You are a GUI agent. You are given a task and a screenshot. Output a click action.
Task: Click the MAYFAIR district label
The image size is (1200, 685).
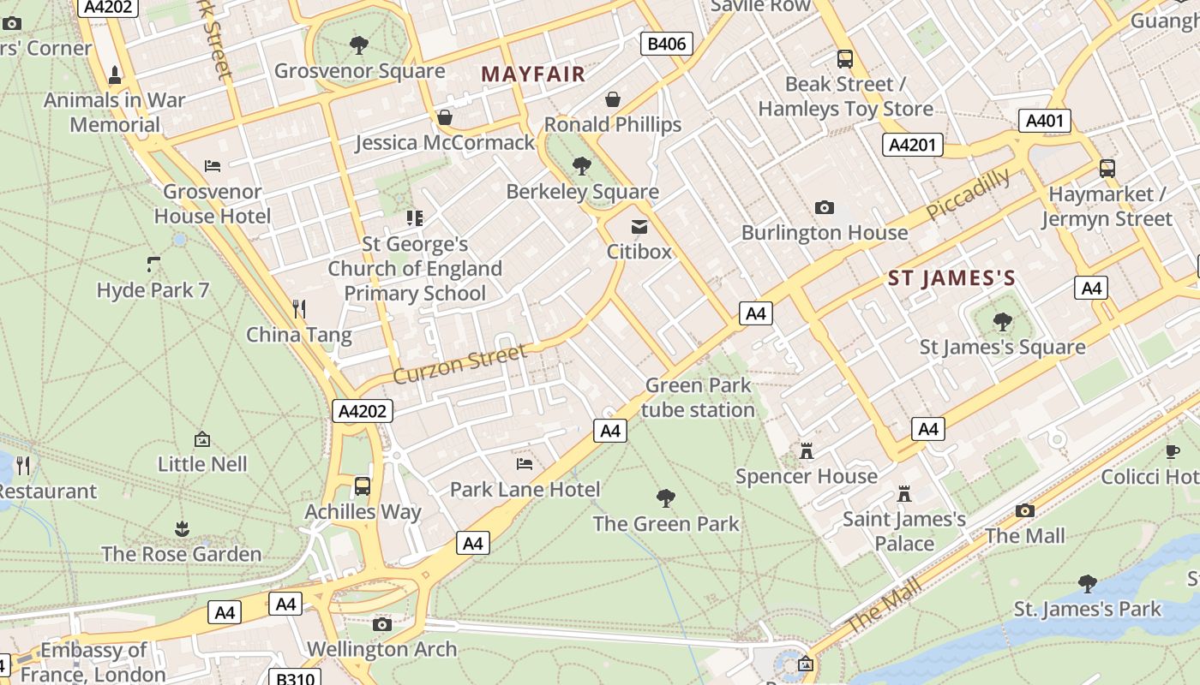(x=533, y=74)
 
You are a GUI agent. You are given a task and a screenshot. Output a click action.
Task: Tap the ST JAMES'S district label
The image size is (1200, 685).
(x=951, y=278)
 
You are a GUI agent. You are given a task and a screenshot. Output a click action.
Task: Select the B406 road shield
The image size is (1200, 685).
(x=667, y=44)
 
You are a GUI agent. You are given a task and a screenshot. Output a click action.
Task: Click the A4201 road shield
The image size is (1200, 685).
(x=912, y=145)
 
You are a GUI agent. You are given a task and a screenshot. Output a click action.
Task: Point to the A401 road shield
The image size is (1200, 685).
(x=1045, y=121)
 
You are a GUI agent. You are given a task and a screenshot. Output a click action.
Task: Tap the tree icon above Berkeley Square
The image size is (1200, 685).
(x=582, y=165)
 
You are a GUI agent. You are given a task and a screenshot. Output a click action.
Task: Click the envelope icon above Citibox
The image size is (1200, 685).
(x=639, y=227)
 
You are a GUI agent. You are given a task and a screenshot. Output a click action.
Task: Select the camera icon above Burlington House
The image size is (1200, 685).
(x=824, y=207)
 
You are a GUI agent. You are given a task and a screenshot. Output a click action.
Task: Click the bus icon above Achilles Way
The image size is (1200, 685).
(x=363, y=486)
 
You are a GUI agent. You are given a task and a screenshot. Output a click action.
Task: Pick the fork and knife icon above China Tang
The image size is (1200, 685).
(x=298, y=308)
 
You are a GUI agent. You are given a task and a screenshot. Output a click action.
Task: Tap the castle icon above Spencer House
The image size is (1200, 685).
(x=806, y=450)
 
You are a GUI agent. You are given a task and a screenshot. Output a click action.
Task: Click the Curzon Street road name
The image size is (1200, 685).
(x=459, y=363)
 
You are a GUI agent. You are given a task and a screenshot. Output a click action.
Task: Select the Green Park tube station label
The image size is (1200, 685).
(x=698, y=397)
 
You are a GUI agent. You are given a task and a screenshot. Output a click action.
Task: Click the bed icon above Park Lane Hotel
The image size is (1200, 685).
(x=525, y=464)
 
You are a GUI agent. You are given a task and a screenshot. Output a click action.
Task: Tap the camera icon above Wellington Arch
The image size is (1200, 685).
(x=382, y=624)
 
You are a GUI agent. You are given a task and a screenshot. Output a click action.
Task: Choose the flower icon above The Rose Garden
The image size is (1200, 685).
(x=181, y=528)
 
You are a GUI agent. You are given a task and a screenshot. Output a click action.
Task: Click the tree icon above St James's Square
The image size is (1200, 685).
(x=1002, y=322)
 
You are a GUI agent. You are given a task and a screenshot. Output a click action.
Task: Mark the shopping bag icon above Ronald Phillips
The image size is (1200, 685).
(x=613, y=99)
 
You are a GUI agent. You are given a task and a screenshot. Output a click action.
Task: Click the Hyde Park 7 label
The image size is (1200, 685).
(x=153, y=290)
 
